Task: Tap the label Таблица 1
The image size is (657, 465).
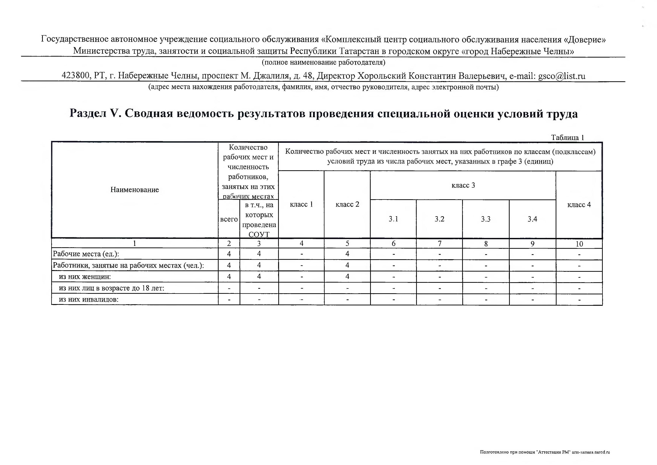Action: tap(567, 138)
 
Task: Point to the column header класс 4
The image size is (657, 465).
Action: tap(579, 205)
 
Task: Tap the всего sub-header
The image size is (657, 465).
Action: tap(229, 219)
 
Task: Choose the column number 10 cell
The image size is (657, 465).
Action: tap(579, 244)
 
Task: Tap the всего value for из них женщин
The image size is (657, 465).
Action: tap(229, 277)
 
